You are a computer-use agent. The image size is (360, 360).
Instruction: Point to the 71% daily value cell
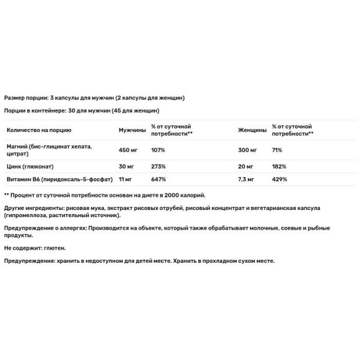(277, 150)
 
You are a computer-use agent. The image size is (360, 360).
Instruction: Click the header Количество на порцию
(40, 130)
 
